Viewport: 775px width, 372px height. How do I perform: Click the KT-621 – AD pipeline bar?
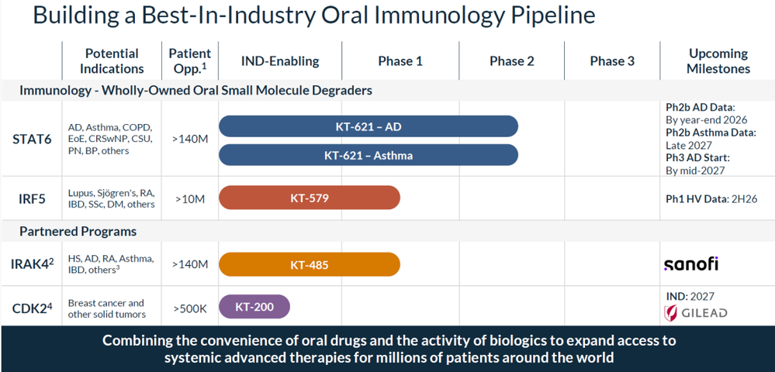(368, 126)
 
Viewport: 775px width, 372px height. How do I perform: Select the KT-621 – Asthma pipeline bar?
(368, 155)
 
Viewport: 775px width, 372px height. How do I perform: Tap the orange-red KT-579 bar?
(310, 198)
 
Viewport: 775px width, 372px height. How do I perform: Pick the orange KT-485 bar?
(310, 265)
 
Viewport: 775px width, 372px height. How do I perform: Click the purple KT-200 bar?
(254, 306)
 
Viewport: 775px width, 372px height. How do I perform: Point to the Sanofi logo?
(691, 263)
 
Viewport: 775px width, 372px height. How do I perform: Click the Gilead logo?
(695, 313)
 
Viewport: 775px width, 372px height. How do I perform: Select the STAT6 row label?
(32, 139)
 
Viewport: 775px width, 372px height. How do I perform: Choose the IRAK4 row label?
(32, 263)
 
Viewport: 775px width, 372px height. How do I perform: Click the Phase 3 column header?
(612, 61)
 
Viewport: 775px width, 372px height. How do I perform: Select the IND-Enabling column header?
(280, 61)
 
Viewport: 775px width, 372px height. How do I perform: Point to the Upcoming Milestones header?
(718, 60)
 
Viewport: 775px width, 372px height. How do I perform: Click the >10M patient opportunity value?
(190, 199)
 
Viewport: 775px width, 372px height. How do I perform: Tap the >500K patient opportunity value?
(190, 308)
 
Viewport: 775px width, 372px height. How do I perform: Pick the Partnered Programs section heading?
(78, 231)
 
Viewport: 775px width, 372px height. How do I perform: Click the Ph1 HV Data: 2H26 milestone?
(711, 199)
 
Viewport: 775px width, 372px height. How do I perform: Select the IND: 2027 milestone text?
(690, 296)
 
